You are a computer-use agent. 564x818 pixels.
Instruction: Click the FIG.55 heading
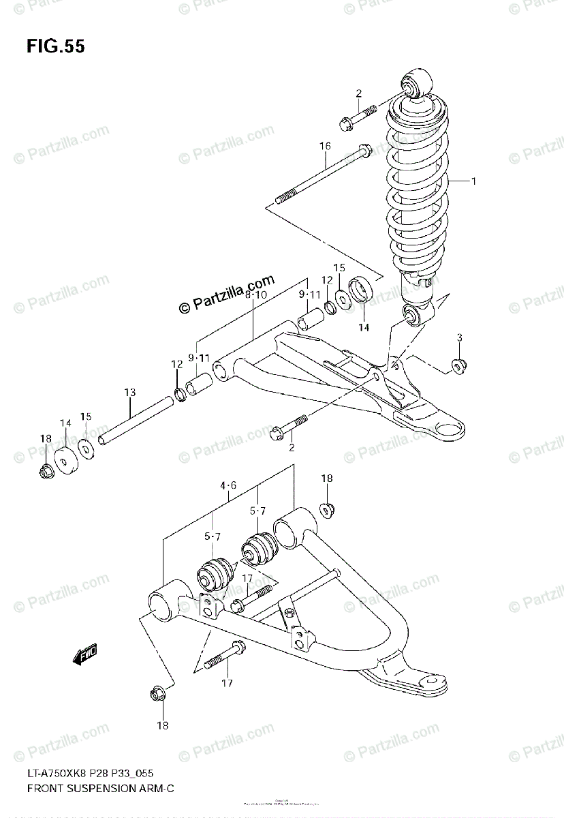[56, 46]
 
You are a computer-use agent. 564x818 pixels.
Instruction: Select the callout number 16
[324, 147]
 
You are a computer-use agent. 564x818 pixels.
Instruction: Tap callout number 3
[460, 338]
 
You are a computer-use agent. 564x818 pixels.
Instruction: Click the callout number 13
[129, 393]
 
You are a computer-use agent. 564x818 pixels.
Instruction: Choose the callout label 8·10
[255, 294]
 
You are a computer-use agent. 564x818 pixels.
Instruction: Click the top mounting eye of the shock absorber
[416, 84]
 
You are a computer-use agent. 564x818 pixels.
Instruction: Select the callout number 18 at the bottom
[161, 725]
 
